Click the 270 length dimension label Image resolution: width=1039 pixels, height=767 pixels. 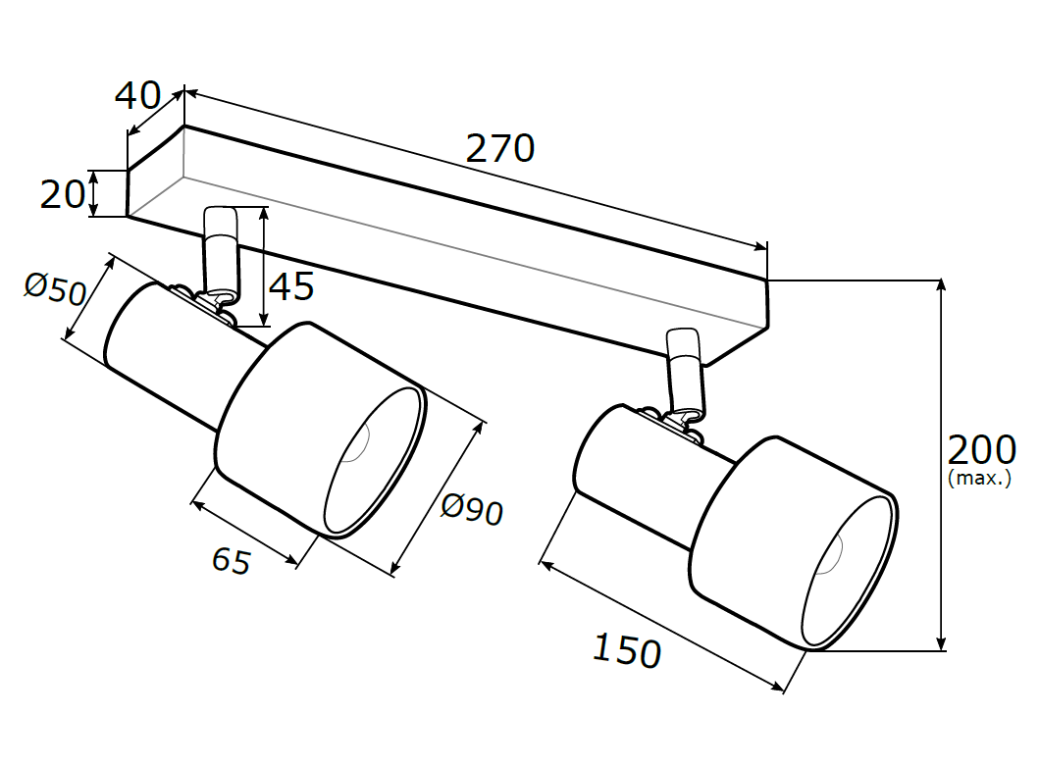pos(500,148)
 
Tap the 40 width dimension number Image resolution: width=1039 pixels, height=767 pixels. pos(137,95)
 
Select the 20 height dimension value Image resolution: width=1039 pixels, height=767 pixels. pos(63,194)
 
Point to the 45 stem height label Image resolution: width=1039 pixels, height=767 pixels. pos(290,286)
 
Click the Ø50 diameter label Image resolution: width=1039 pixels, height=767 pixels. pos(56,288)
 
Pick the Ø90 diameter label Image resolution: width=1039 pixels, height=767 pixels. pos(472,509)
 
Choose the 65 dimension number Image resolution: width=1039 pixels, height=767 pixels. pos(232,560)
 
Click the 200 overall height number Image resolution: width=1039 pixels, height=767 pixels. pos(981,450)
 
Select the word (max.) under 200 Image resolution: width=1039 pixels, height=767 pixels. pos(980,478)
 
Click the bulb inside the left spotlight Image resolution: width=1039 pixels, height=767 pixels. pos(355,442)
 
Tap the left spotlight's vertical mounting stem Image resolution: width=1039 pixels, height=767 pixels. pos(220,248)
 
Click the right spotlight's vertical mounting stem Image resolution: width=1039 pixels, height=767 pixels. pos(686,369)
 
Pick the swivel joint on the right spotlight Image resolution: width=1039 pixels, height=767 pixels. pos(670,423)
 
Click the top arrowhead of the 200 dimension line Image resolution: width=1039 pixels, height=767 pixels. pos(940,285)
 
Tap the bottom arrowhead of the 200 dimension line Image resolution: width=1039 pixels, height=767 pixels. pos(940,644)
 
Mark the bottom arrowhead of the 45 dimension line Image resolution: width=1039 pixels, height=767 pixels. pos(264,319)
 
